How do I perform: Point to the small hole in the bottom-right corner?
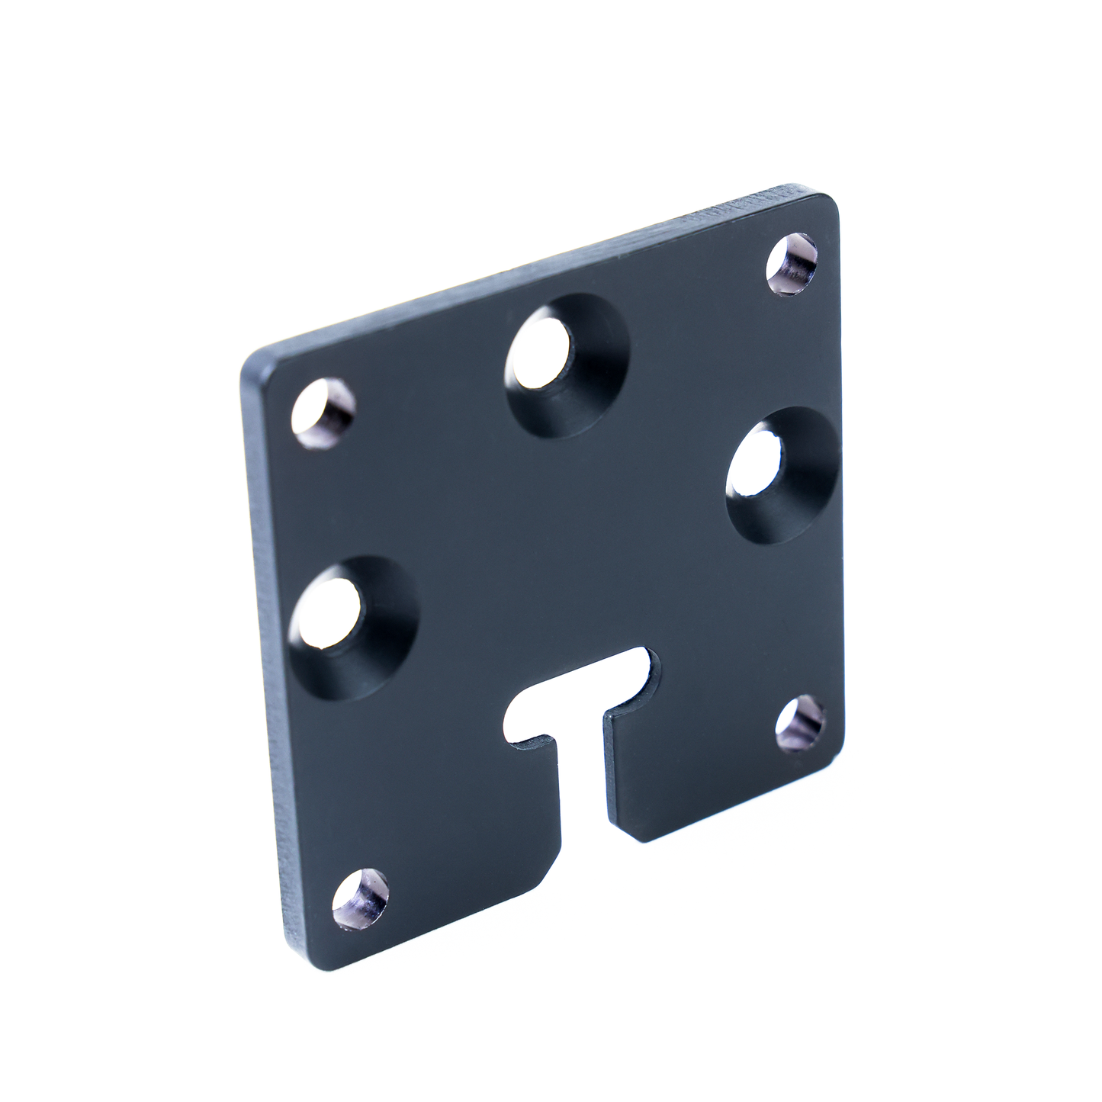[800, 721]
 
